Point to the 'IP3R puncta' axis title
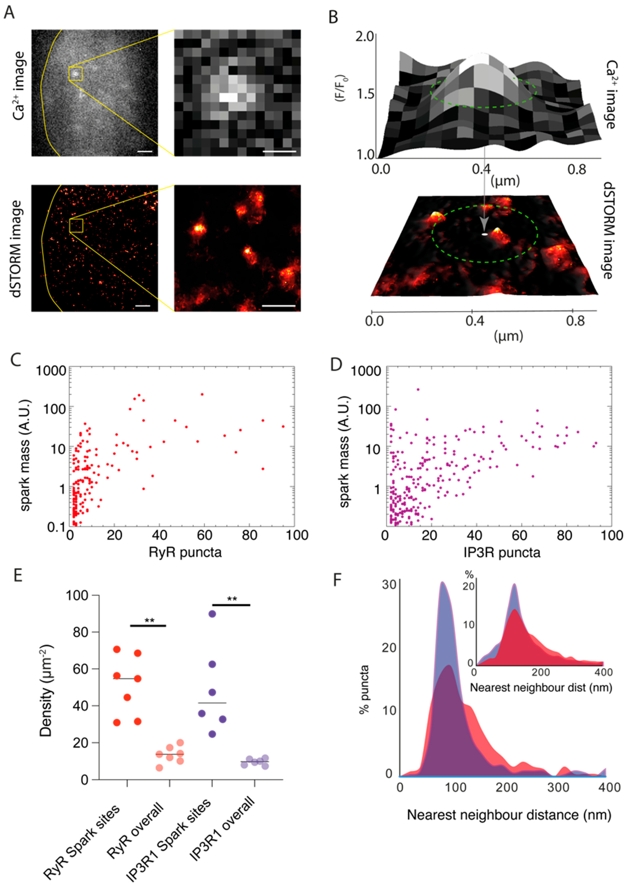502,553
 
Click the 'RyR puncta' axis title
185,553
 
